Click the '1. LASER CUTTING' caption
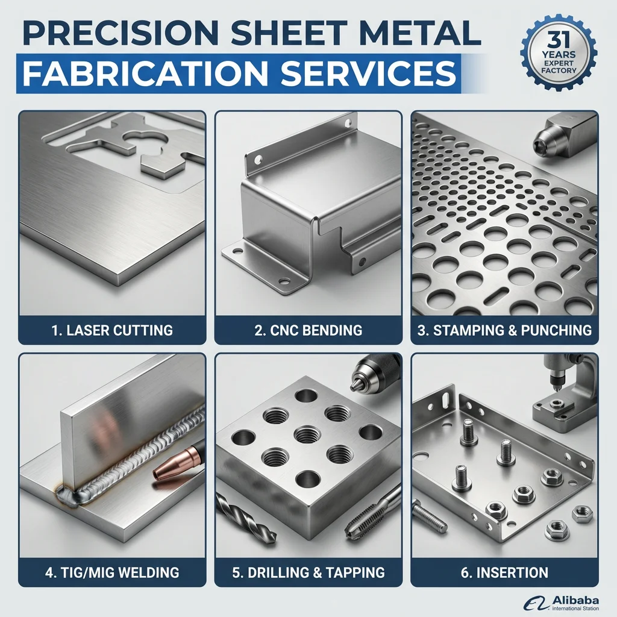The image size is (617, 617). coord(112,330)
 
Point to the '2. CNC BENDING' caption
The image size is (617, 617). coord(308,330)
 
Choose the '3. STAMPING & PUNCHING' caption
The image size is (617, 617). coord(504,330)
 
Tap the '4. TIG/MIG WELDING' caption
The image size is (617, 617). coord(112,572)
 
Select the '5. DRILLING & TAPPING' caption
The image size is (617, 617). coord(308,572)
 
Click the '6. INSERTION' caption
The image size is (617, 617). coord(504,572)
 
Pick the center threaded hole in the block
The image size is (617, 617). coord(307,435)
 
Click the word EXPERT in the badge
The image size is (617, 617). coord(559,63)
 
